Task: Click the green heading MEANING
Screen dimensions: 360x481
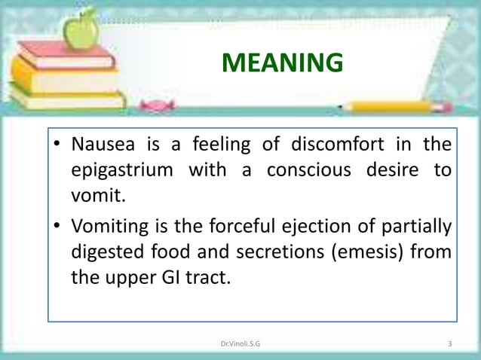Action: (x=281, y=64)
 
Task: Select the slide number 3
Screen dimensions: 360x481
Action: (x=449, y=345)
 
